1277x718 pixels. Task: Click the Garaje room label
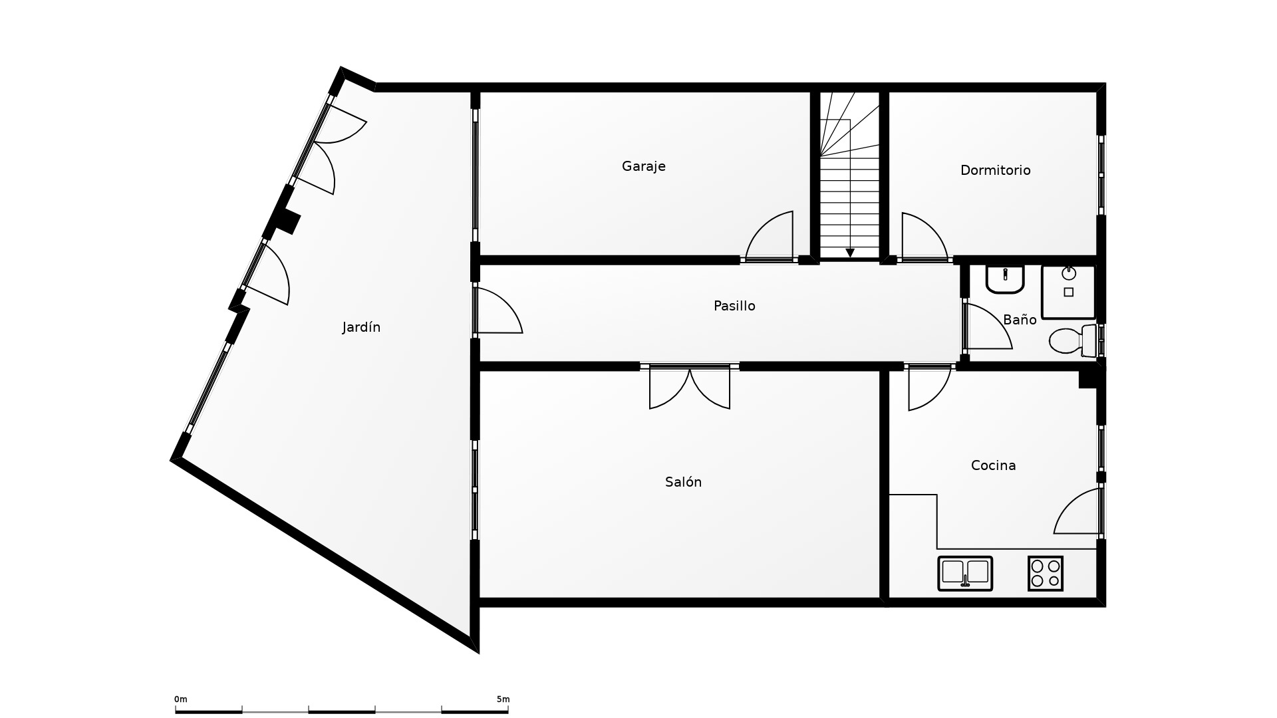[x=643, y=166]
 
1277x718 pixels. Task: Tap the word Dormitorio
[x=995, y=170]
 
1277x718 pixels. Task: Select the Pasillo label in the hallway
[x=734, y=306]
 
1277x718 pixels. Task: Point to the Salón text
[x=683, y=482]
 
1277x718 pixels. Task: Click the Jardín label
[x=361, y=327]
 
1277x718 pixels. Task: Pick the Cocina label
[x=993, y=465]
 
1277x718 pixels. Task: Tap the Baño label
[x=1020, y=320]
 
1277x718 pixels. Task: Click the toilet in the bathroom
[x=1073, y=341]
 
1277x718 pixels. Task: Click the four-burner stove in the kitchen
[x=1045, y=574]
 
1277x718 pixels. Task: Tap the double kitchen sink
[x=965, y=574]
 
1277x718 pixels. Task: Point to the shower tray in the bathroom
[x=1068, y=292]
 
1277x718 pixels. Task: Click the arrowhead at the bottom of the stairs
[x=850, y=253]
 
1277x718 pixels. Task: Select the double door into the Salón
[x=690, y=388]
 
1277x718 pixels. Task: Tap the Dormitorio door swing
[x=924, y=236]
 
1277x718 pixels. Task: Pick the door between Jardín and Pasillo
[x=499, y=310]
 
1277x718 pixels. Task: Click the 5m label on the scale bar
[x=503, y=699]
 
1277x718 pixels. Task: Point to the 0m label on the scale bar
[x=181, y=699]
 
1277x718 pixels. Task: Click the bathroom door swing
[x=988, y=326]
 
